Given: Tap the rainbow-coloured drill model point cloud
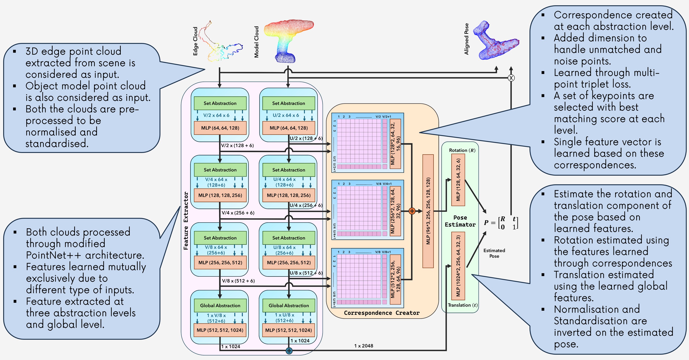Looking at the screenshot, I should point(288,40).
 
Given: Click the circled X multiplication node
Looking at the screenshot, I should point(511,78).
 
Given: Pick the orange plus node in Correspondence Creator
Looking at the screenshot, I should point(412,211).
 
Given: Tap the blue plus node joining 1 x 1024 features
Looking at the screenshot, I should point(289,350).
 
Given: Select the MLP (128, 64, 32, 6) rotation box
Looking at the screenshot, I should point(458,180).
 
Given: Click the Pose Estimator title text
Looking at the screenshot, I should point(460,221).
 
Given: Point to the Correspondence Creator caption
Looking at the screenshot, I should point(382,313).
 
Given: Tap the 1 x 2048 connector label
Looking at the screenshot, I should point(363,345).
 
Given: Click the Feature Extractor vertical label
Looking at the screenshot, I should point(186,221).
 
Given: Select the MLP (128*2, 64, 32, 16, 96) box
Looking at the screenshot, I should point(395,144).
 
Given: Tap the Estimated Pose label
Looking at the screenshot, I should point(494,253).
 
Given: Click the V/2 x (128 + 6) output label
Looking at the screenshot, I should point(237,145).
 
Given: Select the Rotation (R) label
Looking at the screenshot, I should point(462,150).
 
